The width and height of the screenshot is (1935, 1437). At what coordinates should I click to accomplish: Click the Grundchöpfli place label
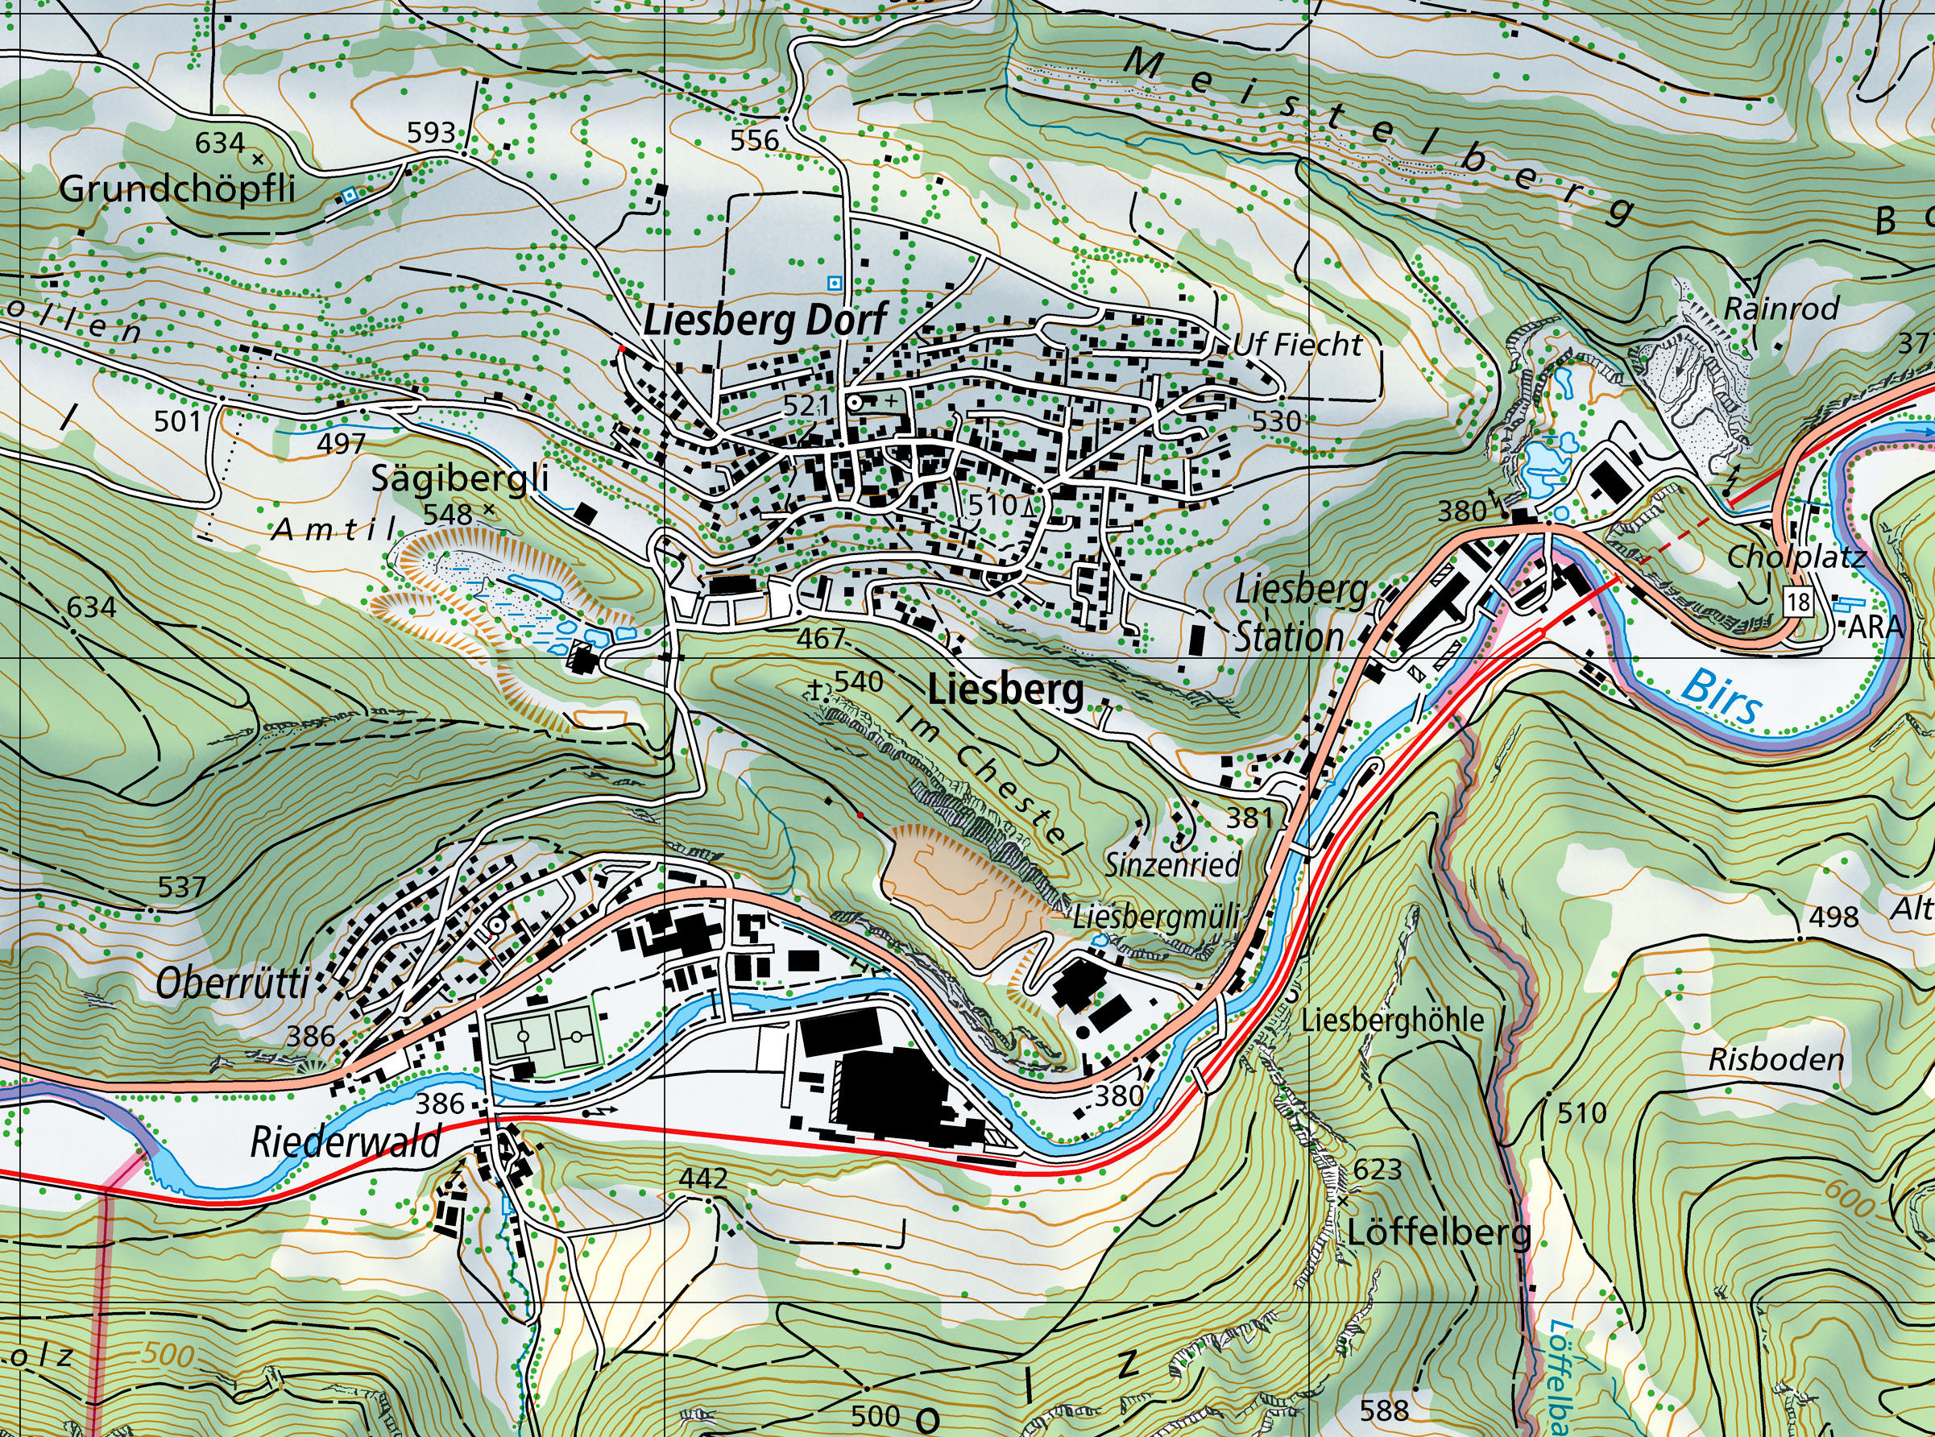coord(177,188)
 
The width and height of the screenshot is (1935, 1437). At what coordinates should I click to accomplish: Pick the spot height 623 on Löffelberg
coord(1378,1170)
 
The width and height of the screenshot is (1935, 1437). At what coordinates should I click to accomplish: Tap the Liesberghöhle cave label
coord(1392,1021)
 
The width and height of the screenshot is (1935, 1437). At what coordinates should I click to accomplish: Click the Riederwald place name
coord(346,1142)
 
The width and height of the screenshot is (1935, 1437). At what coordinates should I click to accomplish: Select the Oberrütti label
coord(232,984)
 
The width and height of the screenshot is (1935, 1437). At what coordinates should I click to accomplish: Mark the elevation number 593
coord(432,132)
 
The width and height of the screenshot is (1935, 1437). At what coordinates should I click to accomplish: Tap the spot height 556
coord(754,139)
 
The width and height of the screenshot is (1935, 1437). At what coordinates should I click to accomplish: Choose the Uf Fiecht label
coord(1297,346)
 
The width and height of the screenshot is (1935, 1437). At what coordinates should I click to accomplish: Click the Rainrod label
coord(1781,308)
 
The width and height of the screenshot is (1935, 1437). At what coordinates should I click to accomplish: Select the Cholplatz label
coord(1796,557)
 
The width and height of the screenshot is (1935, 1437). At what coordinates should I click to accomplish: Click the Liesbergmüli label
coord(1154,917)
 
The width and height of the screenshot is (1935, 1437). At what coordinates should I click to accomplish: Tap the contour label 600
coord(1848,1200)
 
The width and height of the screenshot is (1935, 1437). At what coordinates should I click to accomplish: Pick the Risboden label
coord(1775,1059)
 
